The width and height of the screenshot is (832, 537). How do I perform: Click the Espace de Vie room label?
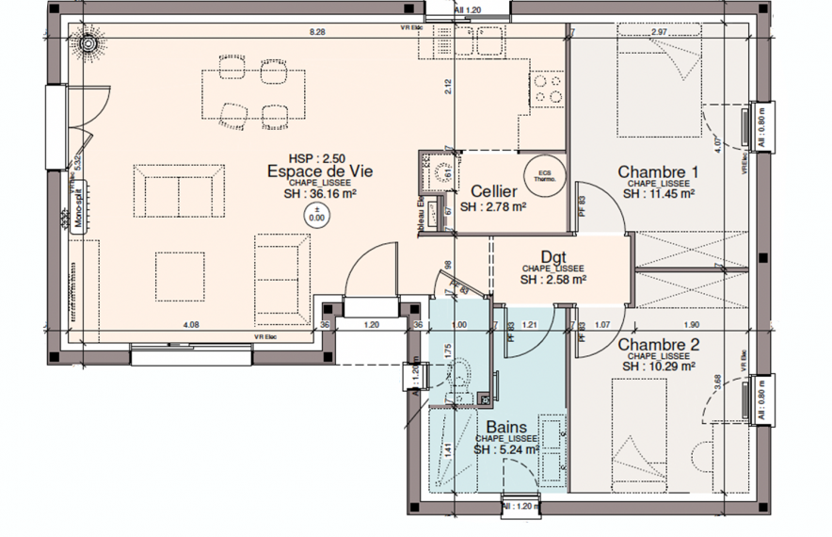320,171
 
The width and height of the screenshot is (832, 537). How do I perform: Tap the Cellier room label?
493,190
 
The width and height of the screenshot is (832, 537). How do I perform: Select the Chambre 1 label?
659,171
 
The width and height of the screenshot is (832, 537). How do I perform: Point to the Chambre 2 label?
659,345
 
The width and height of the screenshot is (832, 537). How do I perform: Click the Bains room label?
505,427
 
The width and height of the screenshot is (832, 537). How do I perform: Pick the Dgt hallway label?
553,256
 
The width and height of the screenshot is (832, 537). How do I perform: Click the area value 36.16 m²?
321,195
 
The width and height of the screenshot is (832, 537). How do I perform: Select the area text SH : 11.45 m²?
659,194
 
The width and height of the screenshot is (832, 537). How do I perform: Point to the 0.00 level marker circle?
316,214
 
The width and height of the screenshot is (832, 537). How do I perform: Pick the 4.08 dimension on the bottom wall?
190,325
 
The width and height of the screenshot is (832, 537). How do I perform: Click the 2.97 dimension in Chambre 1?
659,33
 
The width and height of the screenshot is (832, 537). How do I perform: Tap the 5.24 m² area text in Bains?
505,450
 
